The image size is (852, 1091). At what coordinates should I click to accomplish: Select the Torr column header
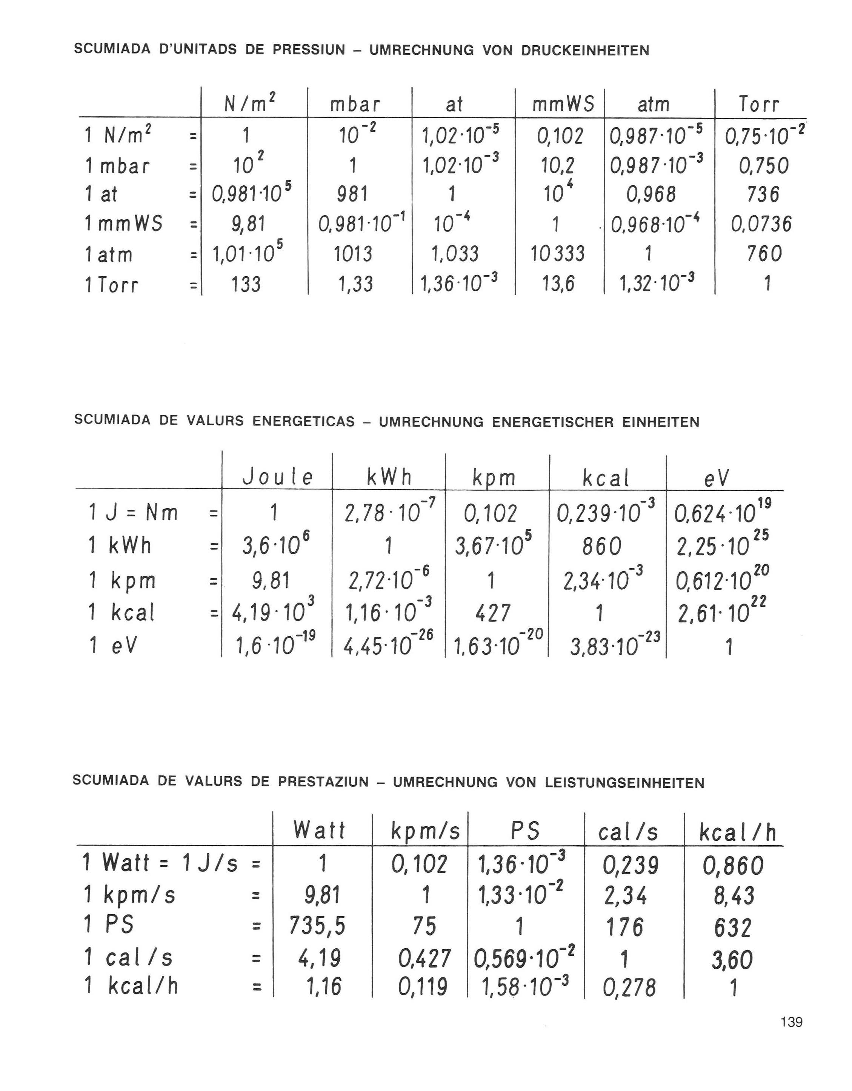pos(758,105)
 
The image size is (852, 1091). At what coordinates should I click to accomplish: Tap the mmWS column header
pos(563,105)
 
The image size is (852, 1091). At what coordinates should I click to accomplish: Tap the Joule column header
pos(278,478)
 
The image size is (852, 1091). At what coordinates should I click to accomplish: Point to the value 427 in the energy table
pos(492,613)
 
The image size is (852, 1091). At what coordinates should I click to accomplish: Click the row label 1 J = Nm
pos(133,513)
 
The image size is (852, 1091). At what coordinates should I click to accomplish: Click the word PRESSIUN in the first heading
pos(309,50)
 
